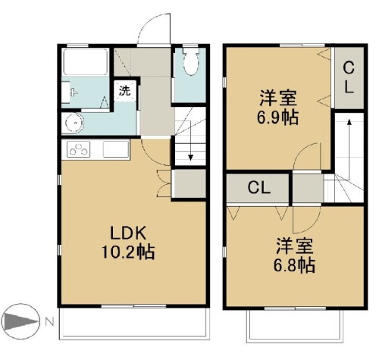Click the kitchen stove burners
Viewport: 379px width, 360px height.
click(x=78, y=149)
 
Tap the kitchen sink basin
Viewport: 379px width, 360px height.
click(x=114, y=149)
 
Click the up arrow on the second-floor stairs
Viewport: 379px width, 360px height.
click(x=348, y=123)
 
